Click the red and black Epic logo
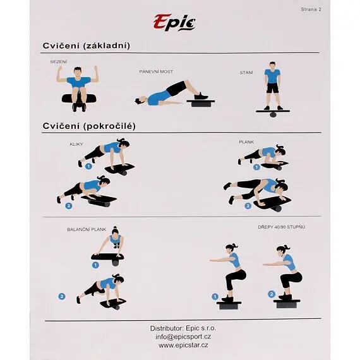(174, 22)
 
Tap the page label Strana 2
(311, 9)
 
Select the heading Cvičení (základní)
(87, 45)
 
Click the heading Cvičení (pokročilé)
(89, 126)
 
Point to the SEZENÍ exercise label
(59, 62)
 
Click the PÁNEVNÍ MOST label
(156, 71)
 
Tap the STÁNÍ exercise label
(246, 73)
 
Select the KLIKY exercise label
(76, 144)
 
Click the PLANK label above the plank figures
(246, 142)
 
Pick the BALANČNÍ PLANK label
(87, 229)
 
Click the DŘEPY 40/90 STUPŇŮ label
(282, 227)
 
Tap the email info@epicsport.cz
(183, 337)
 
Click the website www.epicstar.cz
(183, 345)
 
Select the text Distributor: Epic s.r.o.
(183, 328)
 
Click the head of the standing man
(272, 65)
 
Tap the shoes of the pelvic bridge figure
(201, 96)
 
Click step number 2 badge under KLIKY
(69, 205)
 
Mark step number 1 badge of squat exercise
(215, 297)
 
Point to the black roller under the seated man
(79, 99)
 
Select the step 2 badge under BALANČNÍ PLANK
(61, 296)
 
